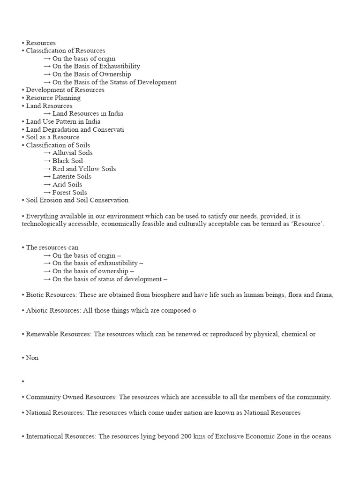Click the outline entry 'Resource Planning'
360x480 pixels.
53,98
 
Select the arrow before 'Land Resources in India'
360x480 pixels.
47,113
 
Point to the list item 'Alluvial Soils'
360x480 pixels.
72,153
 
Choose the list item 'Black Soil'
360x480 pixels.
67,161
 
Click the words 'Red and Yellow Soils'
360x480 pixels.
84,169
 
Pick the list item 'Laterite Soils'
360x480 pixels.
72,177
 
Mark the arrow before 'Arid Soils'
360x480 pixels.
47,185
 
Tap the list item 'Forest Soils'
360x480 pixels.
69,193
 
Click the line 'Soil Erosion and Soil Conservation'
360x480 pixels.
77,200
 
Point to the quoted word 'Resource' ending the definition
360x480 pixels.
307,224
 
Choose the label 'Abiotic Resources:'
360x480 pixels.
52,311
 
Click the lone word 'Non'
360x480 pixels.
32,358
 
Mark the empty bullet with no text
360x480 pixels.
23,382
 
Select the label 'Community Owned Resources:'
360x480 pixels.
71,397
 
